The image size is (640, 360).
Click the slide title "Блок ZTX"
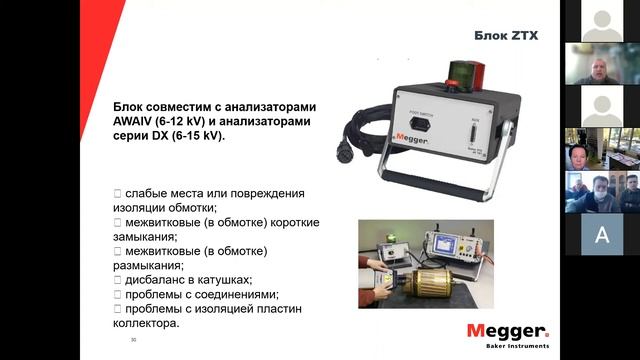506,36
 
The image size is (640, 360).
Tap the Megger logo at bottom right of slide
507,331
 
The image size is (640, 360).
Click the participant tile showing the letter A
601,234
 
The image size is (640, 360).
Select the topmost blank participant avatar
601,20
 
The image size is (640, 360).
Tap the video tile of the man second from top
601,64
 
